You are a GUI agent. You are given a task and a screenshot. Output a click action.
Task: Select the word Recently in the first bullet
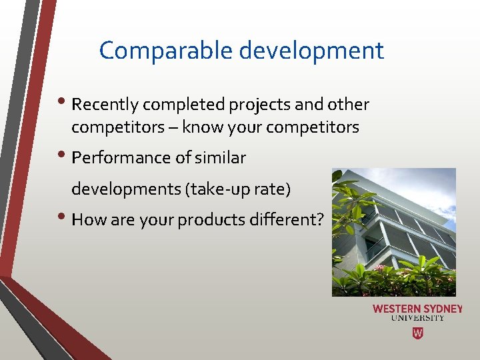click(105, 105)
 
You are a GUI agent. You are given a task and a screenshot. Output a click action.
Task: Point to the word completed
click(185, 105)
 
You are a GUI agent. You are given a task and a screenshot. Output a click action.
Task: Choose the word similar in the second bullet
click(220, 158)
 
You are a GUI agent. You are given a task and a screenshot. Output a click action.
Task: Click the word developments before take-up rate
click(125, 189)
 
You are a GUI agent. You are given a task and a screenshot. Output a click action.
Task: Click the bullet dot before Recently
click(65, 104)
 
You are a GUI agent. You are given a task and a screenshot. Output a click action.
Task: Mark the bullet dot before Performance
click(65, 157)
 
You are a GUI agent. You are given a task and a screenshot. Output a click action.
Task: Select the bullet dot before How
click(65, 219)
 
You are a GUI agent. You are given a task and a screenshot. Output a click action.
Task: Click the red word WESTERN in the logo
click(396, 309)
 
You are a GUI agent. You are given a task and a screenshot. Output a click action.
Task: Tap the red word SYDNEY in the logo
click(443, 309)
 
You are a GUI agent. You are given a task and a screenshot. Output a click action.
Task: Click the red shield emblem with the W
click(417, 333)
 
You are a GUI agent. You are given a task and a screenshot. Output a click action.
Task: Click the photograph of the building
click(393, 232)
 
